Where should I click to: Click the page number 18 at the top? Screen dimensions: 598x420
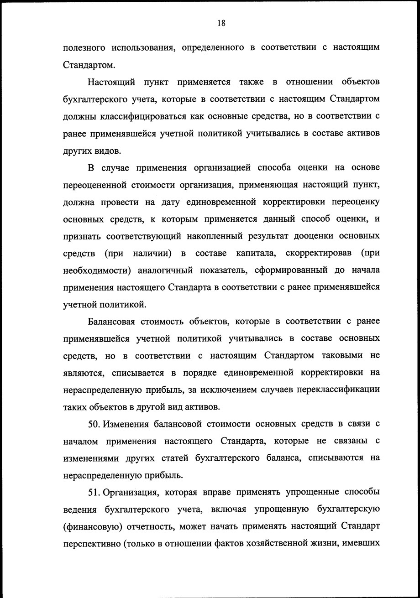(221, 24)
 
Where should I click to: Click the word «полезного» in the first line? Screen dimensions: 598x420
(84, 47)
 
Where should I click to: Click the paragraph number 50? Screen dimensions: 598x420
(94, 425)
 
